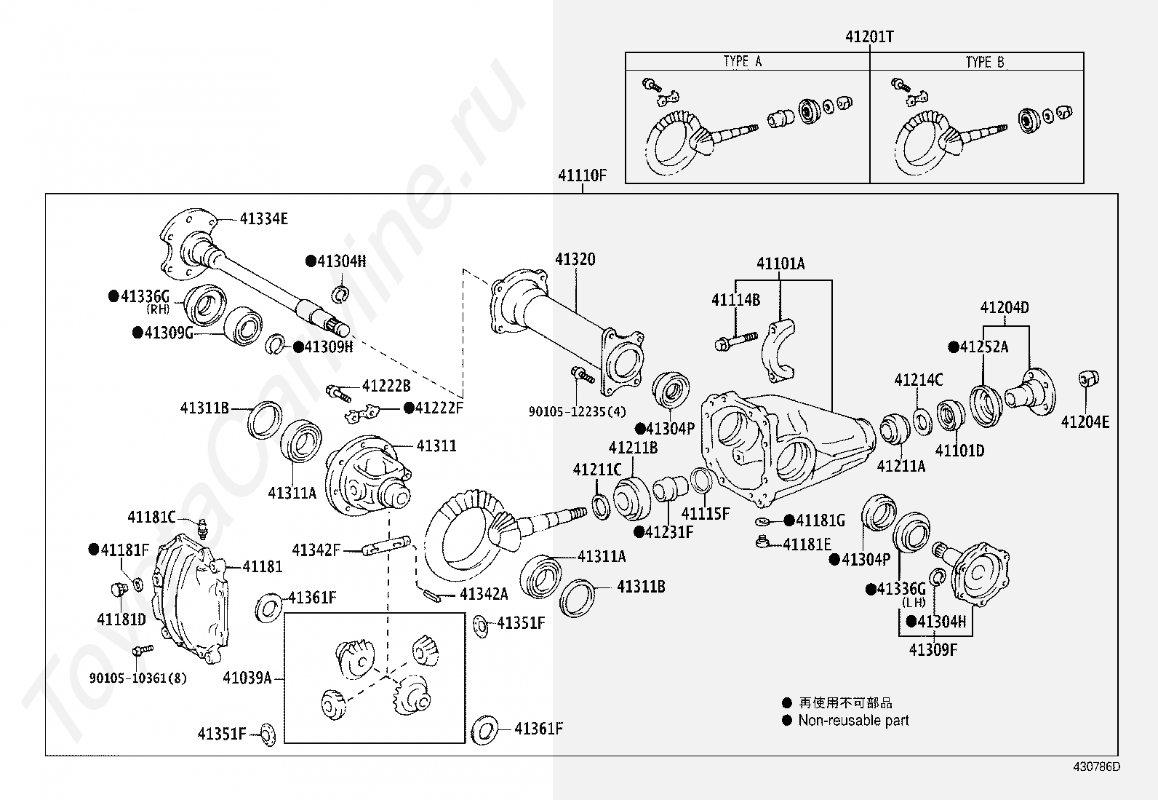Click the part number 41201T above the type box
(x=869, y=36)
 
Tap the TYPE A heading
(x=743, y=62)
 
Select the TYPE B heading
(x=985, y=62)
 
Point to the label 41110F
(x=582, y=175)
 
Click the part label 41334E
(x=263, y=219)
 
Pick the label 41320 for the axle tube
(x=575, y=259)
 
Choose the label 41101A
(x=780, y=264)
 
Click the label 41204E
(x=1085, y=422)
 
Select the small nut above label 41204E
(x=1088, y=379)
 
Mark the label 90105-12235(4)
(x=577, y=412)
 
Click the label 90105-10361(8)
(x=137, y=678)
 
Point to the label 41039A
(x=247, y=678)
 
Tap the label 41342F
(x=316, y=550)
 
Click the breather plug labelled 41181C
(x=203, y=529)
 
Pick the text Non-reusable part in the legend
(x=853, y=721)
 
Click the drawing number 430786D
(x=1096, y=767)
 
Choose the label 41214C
(x=919, y=380)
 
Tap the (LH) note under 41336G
(x=914, y=603)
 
